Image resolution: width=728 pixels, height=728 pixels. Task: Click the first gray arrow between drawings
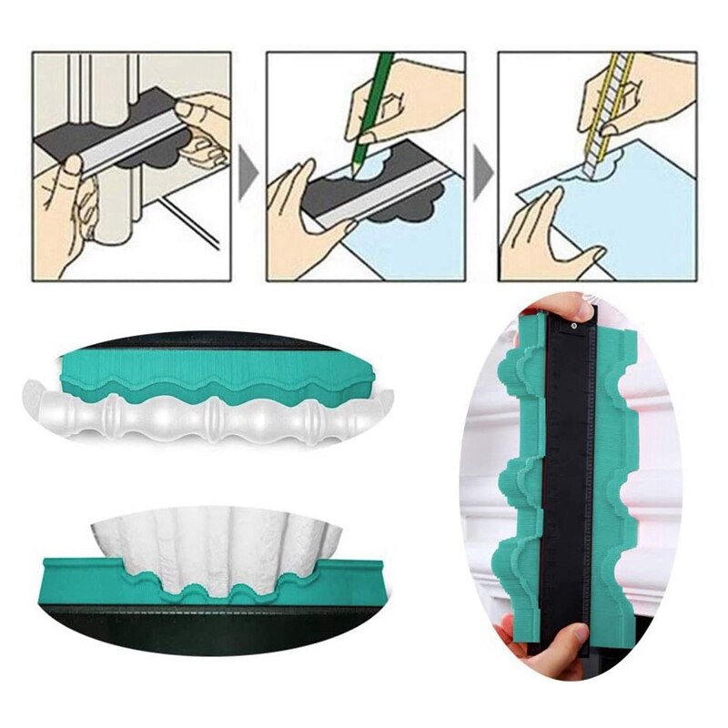[246, 167]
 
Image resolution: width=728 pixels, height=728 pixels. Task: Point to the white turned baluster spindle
[209, 419]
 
